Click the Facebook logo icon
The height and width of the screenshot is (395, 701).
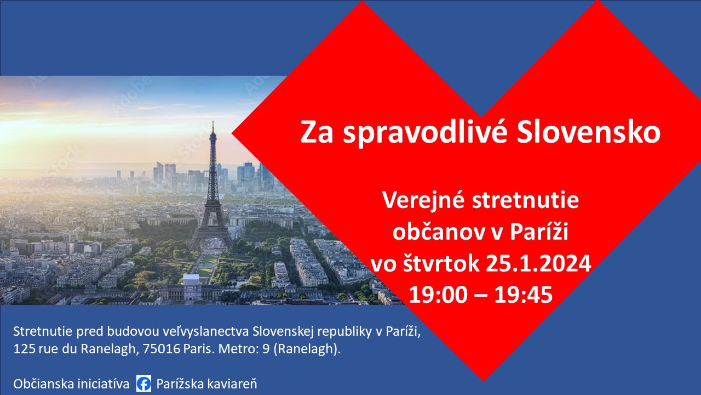[143, 383]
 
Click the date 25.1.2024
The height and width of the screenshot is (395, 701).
[538, 263]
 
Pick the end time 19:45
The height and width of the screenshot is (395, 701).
[524, 295]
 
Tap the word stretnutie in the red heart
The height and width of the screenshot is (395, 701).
[525, 200]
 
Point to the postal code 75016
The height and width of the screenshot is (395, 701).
[162, 348]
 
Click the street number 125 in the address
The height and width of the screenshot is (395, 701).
[25, 348]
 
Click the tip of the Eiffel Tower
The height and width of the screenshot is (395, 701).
[213, 122]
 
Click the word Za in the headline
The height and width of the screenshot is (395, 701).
[317, 133]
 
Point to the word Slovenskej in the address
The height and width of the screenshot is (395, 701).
[283, 331]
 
